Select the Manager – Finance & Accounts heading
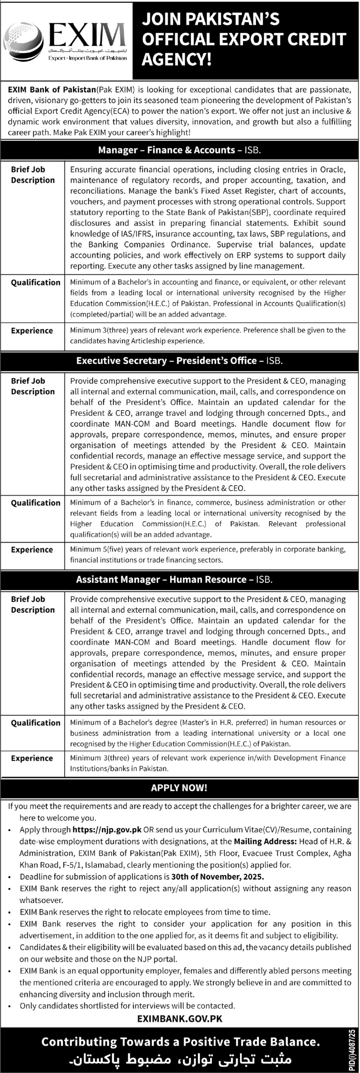pyautogui.click(x=179, y=150)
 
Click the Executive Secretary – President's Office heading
pyautogui.click(x=179, y=361)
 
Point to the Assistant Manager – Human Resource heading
pyautogui.click(x=174, y=579)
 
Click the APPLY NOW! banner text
pyautogui.click(x=179, y=788)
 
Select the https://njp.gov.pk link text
pyautogui.click(x=107, y=829)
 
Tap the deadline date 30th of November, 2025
pyautogui.click(x=218, y=876)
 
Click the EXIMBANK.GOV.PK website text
pyautogui.click(x=180, y=1018)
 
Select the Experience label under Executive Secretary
pyautogui.click(x=32, y=550)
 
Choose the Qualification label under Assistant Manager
pyautogui.click(x=36, y=723)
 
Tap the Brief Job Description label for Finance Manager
pyautogui.click(x=33, y=175)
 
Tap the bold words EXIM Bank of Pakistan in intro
pyautogui.click(x=52, y=90)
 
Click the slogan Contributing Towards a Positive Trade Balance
pyautogui.click(x=180, y=1042)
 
